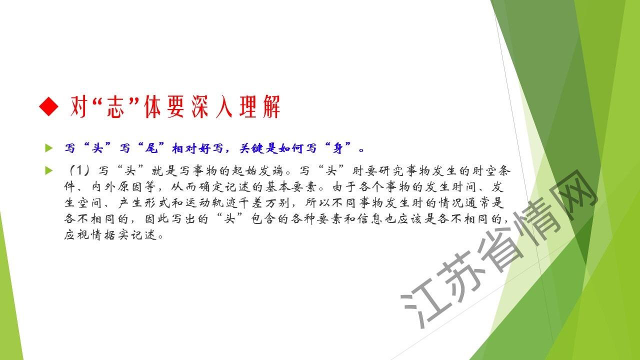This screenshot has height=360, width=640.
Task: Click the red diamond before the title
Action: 49,106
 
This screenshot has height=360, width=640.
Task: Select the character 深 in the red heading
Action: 200,106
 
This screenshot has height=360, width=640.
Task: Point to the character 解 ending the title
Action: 271,106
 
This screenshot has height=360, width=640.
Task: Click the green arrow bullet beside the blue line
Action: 49,148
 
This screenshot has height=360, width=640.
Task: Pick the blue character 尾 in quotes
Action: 151,148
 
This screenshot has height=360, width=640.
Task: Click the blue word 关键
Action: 252,148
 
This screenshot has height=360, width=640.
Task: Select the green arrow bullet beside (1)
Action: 49,170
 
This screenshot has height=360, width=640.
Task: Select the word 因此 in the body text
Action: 157,219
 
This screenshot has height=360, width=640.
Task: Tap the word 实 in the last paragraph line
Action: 123,235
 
